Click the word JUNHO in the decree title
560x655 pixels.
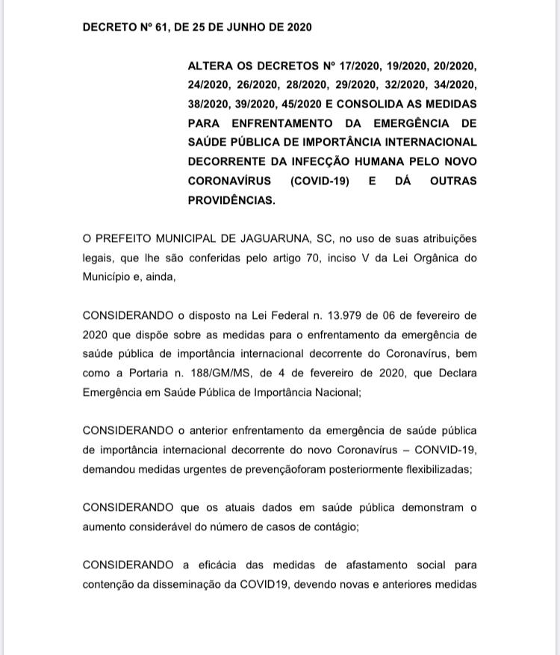click(224, 28)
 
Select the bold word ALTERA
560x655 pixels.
click(209, 66)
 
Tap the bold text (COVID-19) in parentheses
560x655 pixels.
click(319, 181)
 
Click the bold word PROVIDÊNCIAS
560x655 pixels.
click(231, 200)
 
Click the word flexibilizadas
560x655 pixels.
click(434, 470)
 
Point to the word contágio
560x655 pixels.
click(333, 527)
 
